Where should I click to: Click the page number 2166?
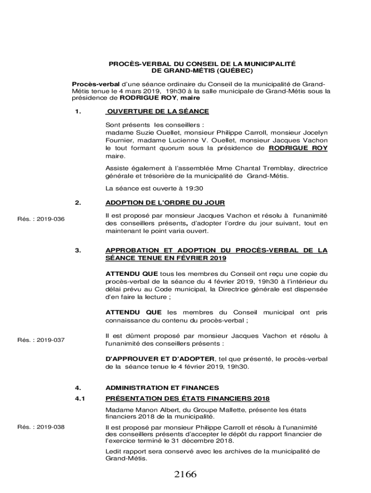(x=185, y=475)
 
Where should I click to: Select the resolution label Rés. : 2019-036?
(x=41, y=220)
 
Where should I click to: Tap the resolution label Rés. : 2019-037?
(x=41, y=340)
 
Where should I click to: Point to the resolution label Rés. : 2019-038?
(x=41, y=427)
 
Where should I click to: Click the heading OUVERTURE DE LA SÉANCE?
(x=158, y=111)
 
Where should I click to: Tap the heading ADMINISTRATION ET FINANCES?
(x=162, y=388)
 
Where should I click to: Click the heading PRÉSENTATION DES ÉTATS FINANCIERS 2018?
(x=187, y=399)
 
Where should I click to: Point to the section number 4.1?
(x=80, y=399)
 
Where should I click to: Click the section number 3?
(x=77, y=250)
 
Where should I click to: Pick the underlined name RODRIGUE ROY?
(x=298, y=148)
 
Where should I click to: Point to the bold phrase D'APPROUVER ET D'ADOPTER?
(x=160, y=359)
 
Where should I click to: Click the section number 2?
(x=77, y=202)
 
